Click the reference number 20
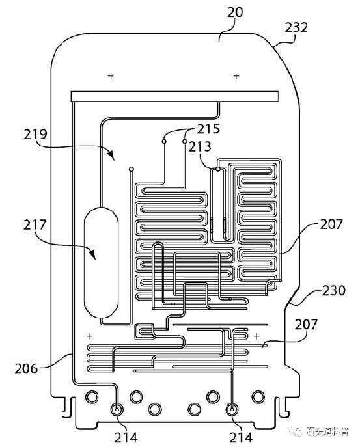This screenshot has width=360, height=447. tap(235, 13)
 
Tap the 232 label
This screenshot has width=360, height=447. tap(296, 27)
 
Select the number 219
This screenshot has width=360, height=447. tap(35, 134)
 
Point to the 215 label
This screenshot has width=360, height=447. tap(208, 129)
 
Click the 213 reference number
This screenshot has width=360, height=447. tap(200, 146)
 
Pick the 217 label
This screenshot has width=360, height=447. tap(35, 225)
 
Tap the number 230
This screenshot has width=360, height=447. tap(334, 290)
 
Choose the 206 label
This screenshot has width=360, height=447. tap(27, 369)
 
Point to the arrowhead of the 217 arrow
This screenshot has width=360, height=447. tap(92, 254)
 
